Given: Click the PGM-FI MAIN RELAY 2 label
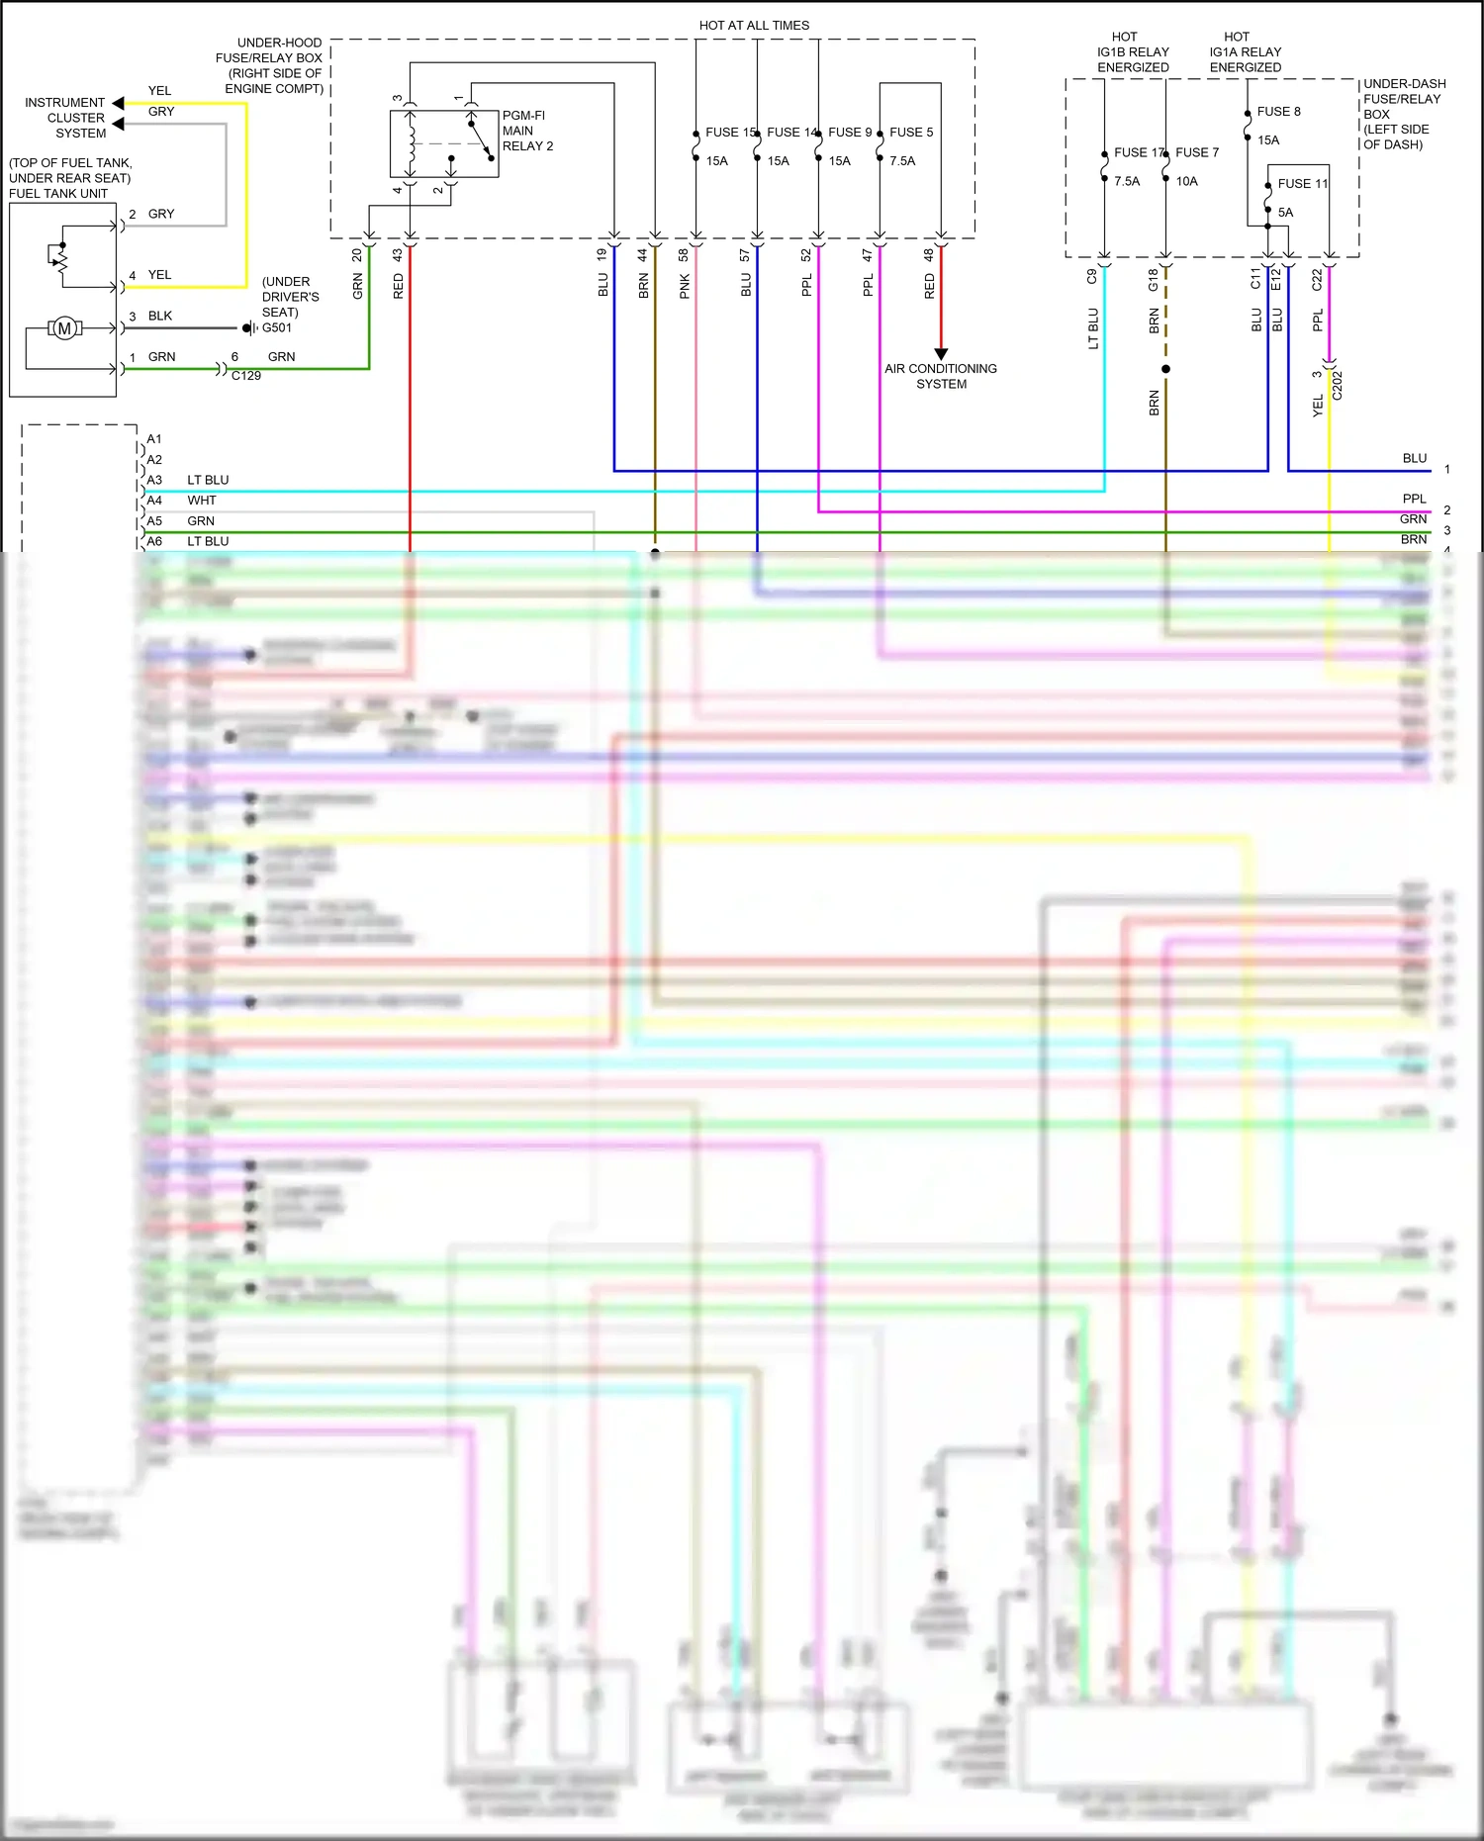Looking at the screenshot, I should point(526,131).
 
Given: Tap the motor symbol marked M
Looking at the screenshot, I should point(65,328).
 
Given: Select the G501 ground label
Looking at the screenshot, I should point(276,328).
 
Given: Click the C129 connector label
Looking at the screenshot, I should point(245,376).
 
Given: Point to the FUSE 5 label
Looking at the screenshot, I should point(910,133).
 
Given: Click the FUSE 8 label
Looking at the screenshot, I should point(1278,112).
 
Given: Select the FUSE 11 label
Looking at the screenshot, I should point(1302,184).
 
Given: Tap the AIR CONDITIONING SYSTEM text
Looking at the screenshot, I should point(940,376).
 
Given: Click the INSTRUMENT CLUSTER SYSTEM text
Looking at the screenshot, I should point(65,118).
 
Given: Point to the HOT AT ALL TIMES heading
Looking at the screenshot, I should point(754,26).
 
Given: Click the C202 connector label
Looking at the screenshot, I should point(1338,385).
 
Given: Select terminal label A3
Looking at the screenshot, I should point(154,480).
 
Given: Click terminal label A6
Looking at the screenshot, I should point(154,541).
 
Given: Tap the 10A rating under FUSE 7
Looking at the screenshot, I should point(1186,182).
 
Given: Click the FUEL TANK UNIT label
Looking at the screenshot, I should point(58,194).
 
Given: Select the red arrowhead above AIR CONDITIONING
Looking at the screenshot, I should point(941,353).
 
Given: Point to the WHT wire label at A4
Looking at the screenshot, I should point(201,501).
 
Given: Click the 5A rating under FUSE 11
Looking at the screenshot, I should point(1285,213).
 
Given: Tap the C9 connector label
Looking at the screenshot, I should point(1092,277).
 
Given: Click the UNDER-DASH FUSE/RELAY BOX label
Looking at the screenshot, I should point(1403,114).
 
